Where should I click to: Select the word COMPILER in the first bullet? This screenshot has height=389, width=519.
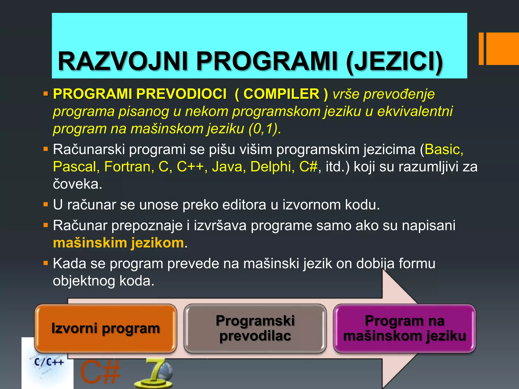click(281, 94)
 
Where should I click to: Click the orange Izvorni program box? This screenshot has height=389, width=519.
click(105, 328)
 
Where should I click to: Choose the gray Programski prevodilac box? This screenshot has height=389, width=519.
click(255, 328)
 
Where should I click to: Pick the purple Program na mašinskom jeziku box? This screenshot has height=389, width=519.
click(404, 328)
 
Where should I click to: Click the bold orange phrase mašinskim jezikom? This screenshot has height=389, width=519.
click(118, 243)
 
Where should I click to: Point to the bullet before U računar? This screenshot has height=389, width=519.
click(46, 204)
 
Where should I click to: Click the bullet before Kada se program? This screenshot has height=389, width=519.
click(46, 263)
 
